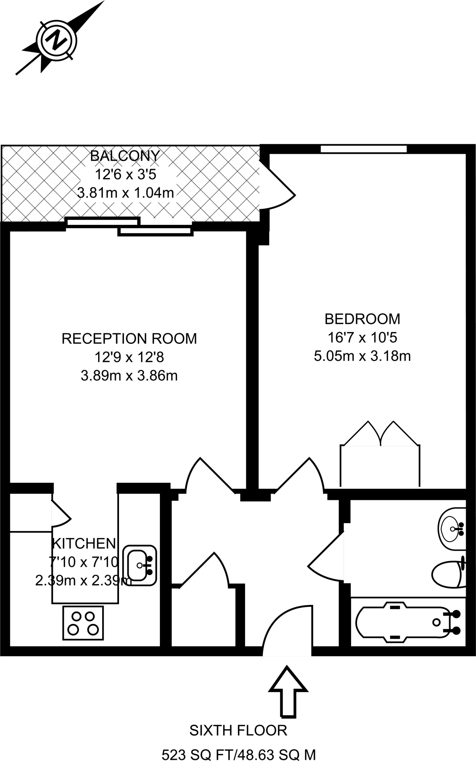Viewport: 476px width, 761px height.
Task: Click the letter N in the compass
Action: [x=57, y=40]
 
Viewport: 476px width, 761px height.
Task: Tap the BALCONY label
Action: [x=125, y=156]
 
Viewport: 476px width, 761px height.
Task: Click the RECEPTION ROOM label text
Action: [x=129, y=339]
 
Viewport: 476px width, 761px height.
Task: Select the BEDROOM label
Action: [x=362, y=319]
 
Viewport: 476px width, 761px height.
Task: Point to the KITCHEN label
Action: [x=84, y=544]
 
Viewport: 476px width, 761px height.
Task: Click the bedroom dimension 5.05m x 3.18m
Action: [x=362, y=356]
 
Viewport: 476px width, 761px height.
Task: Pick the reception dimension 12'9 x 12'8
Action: [x=129, y=357]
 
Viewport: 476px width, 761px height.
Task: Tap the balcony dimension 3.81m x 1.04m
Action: [x=125, y=193]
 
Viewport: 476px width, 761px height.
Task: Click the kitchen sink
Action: [x=139, y=565]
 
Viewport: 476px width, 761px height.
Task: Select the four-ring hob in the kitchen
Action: [x=83, y=623]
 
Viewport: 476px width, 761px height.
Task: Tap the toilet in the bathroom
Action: [x=448, y=574]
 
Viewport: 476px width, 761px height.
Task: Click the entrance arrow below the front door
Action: [x=288, y=691]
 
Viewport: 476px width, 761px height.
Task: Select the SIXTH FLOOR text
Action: [x=238, y=731]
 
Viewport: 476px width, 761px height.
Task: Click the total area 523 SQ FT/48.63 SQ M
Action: [x=238, y=755]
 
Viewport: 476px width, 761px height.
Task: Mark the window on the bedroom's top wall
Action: [x=364, y=149]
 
